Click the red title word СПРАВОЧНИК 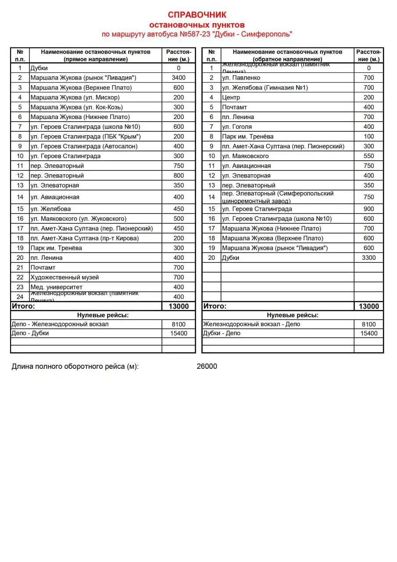pyautogui.click(x=197, y=15)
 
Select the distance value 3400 pyautogui.click(x=179, y=78)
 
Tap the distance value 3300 pyautogui.click(x=368, y=258)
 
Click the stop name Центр pyautogui.click(x=231, y=97)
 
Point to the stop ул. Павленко pyautogui.click(x=241, y=78)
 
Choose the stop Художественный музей pyautogui.click(x=64, y=277)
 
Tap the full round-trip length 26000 pyautogui.click(x=207, y=367)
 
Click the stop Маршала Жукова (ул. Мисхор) pyautogui.click(x=75, y=97)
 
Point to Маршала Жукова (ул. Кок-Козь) pyautogui.click(x=77, y=107)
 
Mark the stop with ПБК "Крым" pyautogui.click(x=86, y=137)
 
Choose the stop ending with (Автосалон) pyautogui.click(x=84, y=146)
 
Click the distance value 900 pyautogui.click(x=368, y=209)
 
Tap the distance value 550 pyautogui.click(x=368, y=156)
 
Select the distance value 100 pyautogui.click(x=368, y=137)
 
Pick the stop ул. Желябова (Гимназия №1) pyautogui.click(x=265, y=87)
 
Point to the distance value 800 pyautogui.click(x=179, y=176)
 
